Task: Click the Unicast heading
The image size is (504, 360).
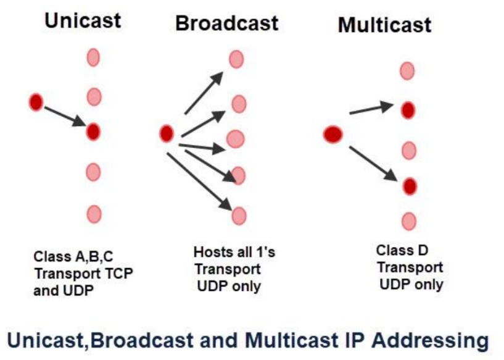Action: click(x=82, y=20)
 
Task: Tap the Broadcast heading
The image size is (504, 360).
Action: click(x=226, y=23)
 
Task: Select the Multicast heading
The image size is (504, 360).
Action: click(x=384, y=25)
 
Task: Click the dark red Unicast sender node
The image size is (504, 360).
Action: click(x=36, y=102)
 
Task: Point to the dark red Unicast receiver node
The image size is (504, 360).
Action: click(x=93, y=131)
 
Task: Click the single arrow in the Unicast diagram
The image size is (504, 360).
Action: click(x=65, y=116)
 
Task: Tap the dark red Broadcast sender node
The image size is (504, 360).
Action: click(x=166, y=133)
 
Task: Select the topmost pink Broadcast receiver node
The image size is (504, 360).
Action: click(x=236, y=59)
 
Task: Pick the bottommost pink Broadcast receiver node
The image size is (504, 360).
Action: click(x=239, y=216)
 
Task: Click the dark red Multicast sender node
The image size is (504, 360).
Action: click(x=333, y=134)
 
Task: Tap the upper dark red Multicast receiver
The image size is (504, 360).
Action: click(x=408, y=110)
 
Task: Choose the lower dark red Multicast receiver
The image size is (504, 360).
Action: click(x=409, y=185)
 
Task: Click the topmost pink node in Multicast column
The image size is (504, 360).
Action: click(x=407, y=70)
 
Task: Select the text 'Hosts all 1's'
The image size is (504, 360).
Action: click(x=225, y=253)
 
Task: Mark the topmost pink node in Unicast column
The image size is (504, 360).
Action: click(x=93, y=57)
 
